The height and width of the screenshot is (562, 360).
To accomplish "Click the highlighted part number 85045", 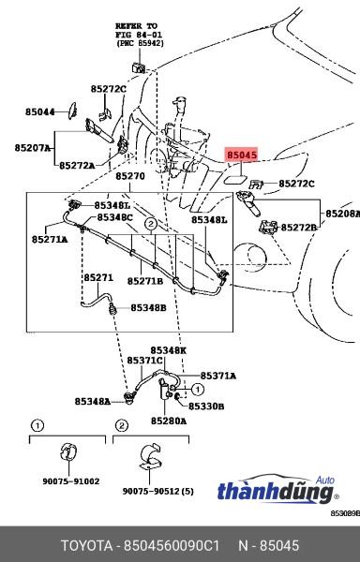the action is (242, 155).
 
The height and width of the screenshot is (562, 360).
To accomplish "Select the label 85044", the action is (39, 112).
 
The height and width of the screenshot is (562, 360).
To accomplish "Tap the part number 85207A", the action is (33, 148).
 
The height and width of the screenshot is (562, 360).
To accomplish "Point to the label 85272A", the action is (77, 166).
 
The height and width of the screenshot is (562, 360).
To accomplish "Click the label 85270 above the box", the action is (130, 176).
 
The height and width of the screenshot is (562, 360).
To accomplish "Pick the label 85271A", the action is (50, 239).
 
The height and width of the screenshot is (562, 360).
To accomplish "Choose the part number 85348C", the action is (114, 217).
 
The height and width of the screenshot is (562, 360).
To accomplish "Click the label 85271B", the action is (145, 281).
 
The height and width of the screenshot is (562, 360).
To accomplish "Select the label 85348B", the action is (148, 308).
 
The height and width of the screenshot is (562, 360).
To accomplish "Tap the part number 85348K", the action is (168, 350).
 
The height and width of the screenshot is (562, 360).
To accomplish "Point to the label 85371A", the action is (218, 376).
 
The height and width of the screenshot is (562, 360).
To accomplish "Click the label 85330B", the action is (206, 407).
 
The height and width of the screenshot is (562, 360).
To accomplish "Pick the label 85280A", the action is (169, 421).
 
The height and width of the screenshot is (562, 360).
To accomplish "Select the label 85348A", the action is (93, 402).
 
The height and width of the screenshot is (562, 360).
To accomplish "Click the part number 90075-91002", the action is (71, 481).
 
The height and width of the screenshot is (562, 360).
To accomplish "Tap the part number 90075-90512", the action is (151, 492).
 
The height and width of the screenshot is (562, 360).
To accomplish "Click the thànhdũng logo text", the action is (276, 492).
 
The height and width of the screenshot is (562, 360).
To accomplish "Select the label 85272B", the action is (299, 228).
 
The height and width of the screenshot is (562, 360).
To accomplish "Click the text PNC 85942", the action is (140, 43).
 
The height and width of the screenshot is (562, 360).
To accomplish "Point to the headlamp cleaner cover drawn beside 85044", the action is (73, 111).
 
